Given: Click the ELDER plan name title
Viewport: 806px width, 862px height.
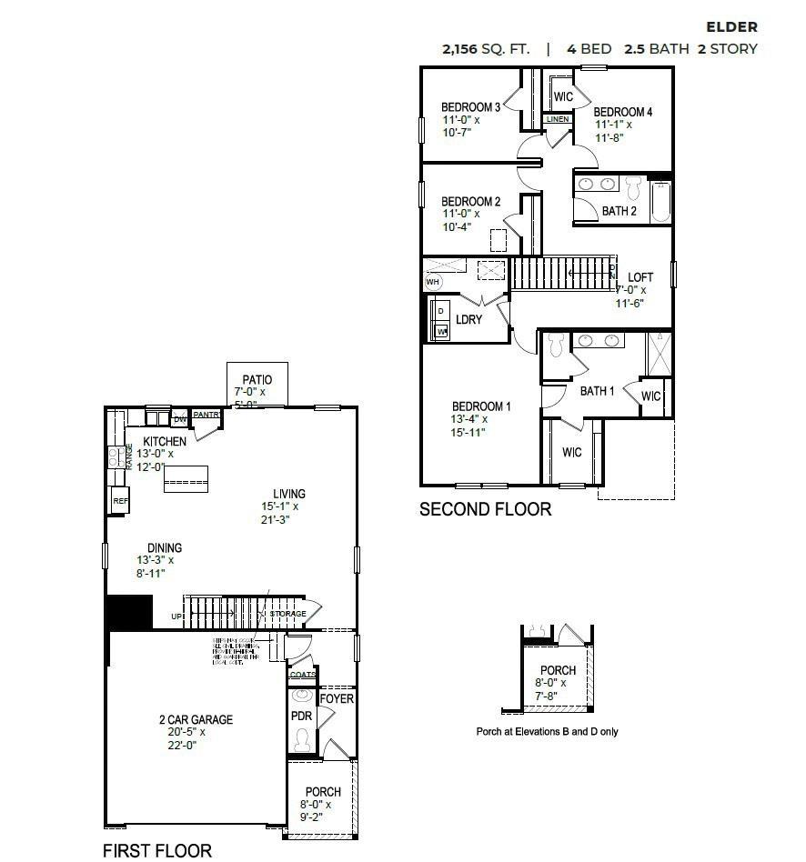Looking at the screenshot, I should point(731,27).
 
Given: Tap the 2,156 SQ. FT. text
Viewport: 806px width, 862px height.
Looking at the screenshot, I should point(486,49).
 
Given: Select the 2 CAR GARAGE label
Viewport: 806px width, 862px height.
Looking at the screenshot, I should point(196,719).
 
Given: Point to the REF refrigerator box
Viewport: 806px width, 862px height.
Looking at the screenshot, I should point(119,500).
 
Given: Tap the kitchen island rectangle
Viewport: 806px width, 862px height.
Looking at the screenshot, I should point(186,478).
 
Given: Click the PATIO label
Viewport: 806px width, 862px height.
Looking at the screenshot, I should point(257,380).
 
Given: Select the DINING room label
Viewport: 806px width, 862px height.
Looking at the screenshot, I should point(159,547).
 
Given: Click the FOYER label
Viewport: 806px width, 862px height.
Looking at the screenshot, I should point(336,698).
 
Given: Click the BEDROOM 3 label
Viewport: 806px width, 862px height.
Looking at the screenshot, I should point(471,106).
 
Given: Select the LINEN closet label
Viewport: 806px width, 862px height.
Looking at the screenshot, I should point(558,119).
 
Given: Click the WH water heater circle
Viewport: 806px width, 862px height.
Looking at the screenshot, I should point(432,282).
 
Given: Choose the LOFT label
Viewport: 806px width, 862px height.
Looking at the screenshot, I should point(640,277).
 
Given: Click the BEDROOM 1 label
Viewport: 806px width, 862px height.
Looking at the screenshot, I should point(481,406).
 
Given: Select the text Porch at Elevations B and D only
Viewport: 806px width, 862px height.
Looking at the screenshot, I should point(547,731).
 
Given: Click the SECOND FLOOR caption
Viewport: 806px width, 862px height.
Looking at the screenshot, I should point(485,509).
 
